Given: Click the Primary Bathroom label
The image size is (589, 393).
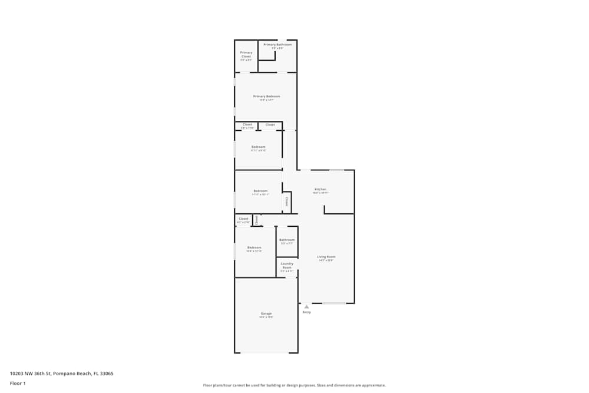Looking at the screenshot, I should coord(277,45).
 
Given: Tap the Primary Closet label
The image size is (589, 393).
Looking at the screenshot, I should coord(246,55).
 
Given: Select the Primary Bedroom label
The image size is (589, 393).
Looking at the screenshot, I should coord(266,96).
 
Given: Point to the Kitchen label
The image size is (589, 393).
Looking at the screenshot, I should coord(320,189).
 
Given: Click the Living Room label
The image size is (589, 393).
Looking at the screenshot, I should coord(326,257).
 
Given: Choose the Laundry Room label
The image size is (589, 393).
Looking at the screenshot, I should coord(287,265).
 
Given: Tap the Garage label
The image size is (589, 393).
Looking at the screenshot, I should coord(266,313).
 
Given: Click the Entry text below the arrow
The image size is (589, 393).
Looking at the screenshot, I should coord(306,312).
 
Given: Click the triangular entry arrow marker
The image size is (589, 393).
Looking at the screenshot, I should coord(306,306).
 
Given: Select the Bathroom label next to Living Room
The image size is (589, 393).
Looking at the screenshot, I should coord(287,240).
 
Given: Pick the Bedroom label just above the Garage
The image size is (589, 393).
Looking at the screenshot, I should coord(254,247).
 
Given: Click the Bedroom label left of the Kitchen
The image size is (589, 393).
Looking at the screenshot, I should coord(260,191).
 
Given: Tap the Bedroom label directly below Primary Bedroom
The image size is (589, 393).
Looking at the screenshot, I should coord(258,147).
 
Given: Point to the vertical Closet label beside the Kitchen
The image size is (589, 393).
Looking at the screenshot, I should coord(287,202).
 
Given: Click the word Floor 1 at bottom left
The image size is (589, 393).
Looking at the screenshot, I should coord(18,383).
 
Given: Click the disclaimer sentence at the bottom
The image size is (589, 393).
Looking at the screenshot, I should coord(294,385).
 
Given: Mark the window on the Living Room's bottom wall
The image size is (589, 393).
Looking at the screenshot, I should coord(334,303).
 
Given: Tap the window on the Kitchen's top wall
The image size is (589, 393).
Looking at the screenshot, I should coord(336,170).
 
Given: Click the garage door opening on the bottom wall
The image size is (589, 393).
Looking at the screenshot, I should coord(266,352).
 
